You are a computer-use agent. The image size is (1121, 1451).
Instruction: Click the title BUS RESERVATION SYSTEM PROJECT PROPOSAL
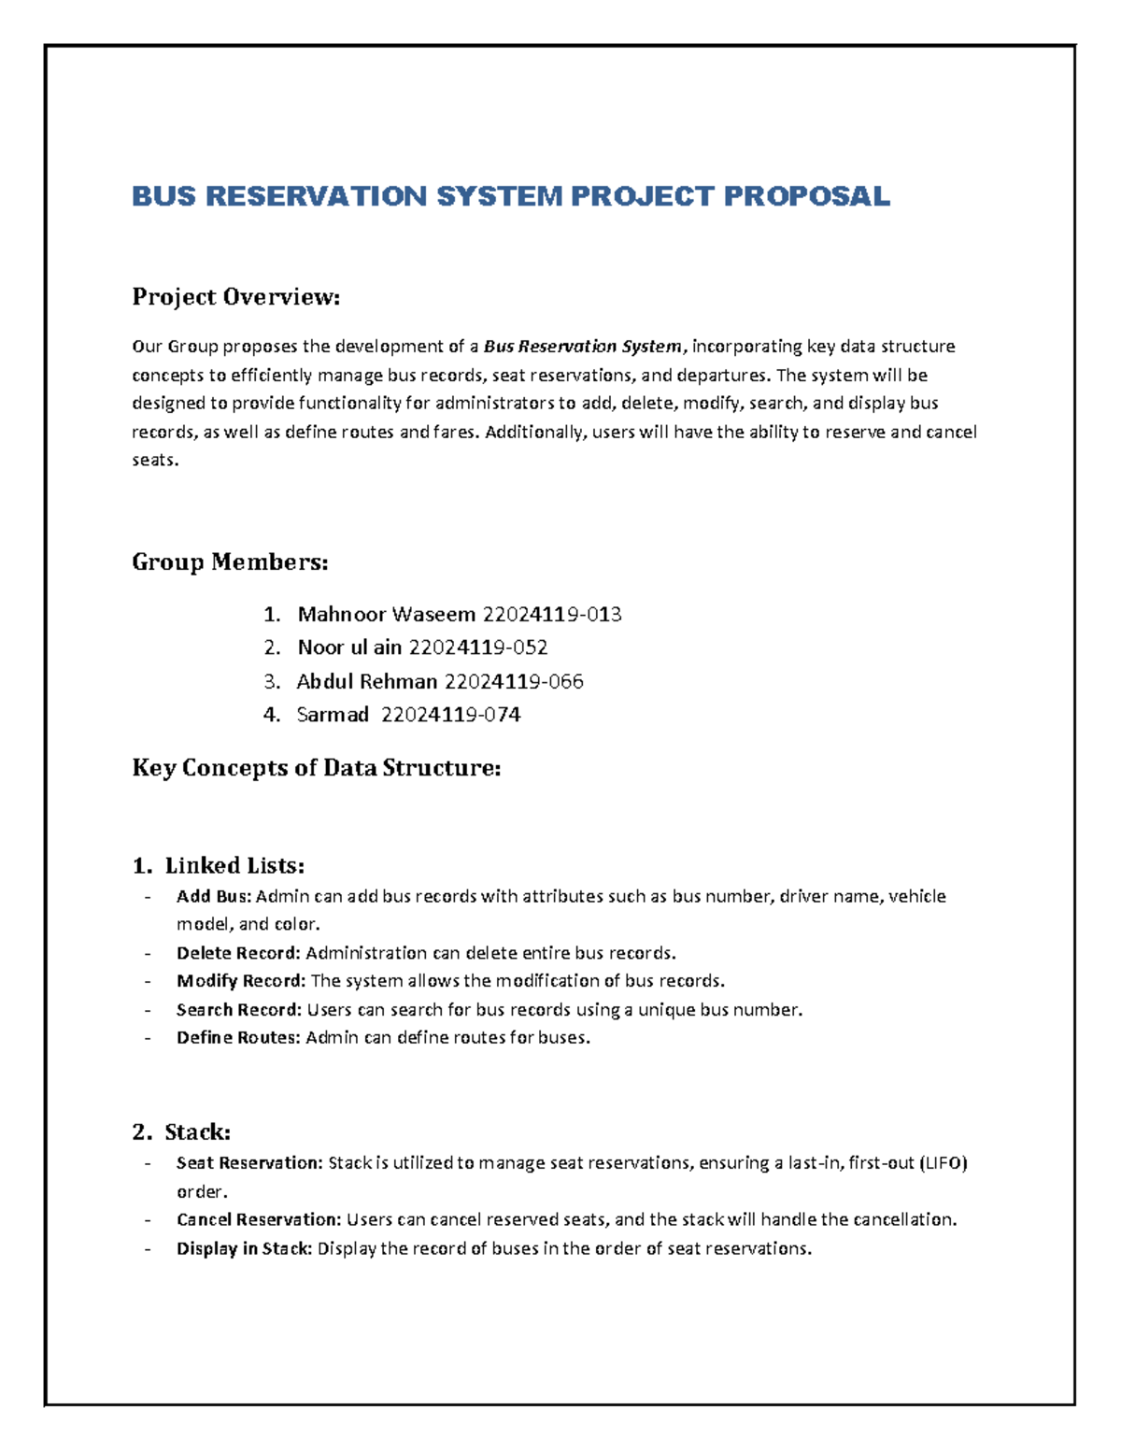(x=510, y=196)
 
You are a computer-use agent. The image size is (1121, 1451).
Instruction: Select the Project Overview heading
(x=235, y=297)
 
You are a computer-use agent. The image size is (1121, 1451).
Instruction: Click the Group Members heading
(x=230, y=562)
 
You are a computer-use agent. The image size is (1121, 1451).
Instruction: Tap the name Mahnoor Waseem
(x=386, y=614)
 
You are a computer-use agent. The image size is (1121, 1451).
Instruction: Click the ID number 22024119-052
(x=478, y=647)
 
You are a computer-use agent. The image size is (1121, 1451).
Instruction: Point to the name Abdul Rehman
(x=366, y=681)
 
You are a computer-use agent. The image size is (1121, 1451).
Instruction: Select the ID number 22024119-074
(x=451, y=715)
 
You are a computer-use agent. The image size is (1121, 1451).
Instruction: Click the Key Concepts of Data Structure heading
(x=317, y=768)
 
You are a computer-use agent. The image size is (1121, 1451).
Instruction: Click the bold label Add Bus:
(x=214, y=896)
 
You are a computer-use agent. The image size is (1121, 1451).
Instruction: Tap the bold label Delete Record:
(x=238, y=953)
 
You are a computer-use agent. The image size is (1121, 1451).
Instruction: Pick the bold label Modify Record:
(x=240, y=981)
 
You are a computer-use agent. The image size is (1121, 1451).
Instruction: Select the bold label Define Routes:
(x=238, y=1038)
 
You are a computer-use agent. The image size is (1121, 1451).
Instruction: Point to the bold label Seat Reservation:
(x=249, y=1163)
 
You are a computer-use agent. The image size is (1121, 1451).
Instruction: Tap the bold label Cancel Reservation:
(x=259, y=1220)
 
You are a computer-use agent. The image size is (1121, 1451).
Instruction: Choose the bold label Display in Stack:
(x=244, y=1249)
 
